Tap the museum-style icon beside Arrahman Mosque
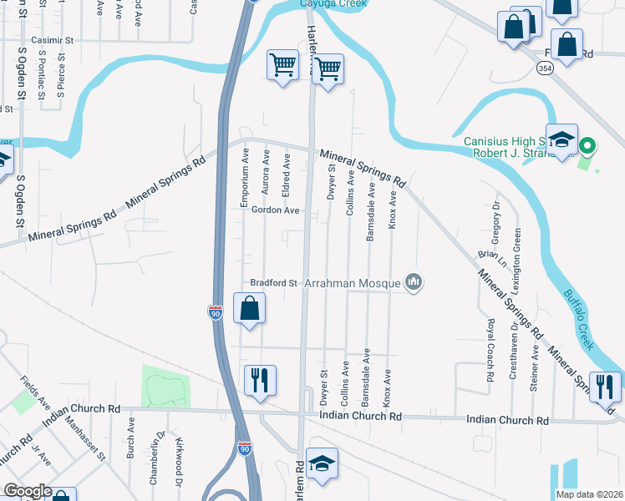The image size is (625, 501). [414, 283]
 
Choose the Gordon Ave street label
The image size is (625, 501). [276, 210]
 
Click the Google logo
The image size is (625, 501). [28, 491]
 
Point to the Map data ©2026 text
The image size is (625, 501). [589, 494]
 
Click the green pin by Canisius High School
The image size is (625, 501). [587, 147]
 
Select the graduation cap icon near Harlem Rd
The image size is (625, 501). [322, 463]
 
